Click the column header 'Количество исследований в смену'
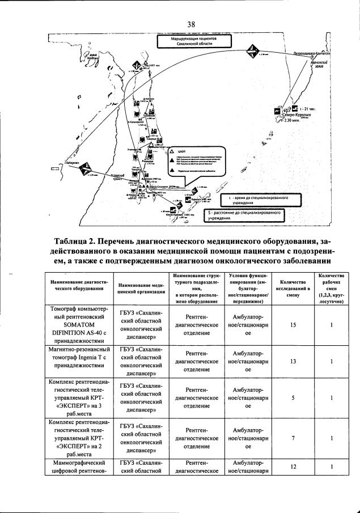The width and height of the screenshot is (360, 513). pos(293,287)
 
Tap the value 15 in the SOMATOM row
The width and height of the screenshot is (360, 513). pos(293,325)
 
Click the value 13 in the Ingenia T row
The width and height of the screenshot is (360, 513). pos(293,361)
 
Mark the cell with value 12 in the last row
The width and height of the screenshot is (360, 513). pos(293,466)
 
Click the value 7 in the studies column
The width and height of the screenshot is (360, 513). pos(293,438)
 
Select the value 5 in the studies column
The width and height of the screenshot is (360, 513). pos(293,398)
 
